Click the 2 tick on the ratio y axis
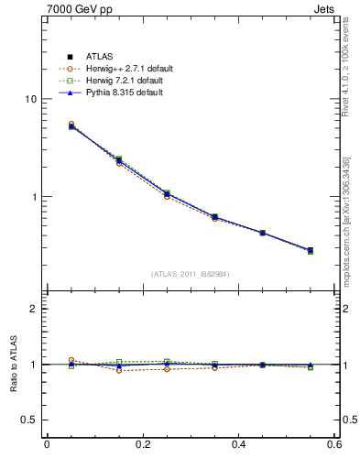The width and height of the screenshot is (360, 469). pos(33,309)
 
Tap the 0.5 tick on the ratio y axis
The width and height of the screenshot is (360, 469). pos(29,420)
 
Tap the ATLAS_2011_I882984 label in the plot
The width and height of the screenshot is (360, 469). pos(191,274)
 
